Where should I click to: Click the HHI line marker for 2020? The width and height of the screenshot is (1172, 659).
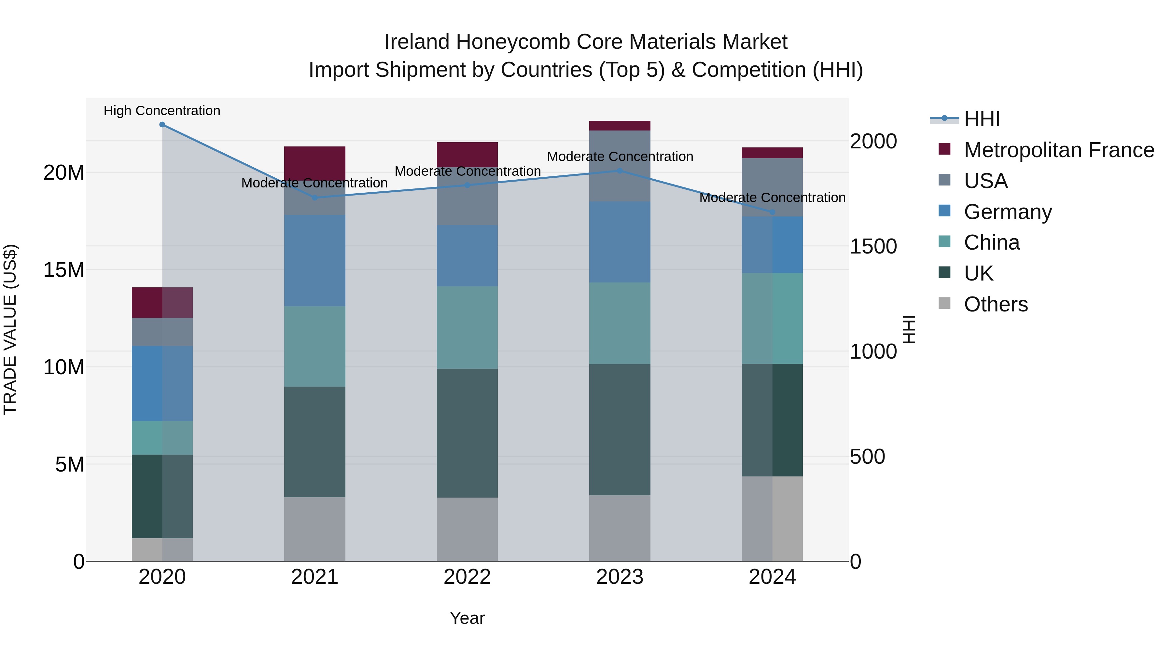pyautogui.click(x=162, y=125)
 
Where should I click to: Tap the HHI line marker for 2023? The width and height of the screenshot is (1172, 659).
pyautogui.click(x=620, y=171)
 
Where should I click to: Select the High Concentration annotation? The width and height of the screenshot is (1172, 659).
pyautogui.click(x=162, y=111)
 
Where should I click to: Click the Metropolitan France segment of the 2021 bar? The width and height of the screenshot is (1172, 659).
pyautogui.click(x=315, y=163)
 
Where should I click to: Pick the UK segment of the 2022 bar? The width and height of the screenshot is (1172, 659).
pyautogui.click(x=467, y=432)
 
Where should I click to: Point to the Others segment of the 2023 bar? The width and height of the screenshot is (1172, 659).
pyautogui.click(x=620, y=528)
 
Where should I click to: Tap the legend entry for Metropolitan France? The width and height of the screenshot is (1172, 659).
pyautogui.click(x=1059, y=150)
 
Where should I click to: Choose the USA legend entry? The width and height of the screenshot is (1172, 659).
pyautogui.click(x=985, y=181)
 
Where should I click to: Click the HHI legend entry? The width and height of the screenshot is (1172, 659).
pyautogui.click(x=982, y=119)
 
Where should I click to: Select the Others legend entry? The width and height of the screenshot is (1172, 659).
pyautogui.click(x=996, y=304)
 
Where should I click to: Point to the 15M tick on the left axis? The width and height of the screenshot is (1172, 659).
pyautogui.click(x=64, y=270)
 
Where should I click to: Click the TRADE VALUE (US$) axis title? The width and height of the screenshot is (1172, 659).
pyautogui.click(x=10, y=329)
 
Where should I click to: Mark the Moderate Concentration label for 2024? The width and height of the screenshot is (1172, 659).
pyautogui.click(x=772, y=198)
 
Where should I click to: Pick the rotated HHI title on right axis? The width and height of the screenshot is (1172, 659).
pyautogui.click(x=909, y=329)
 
